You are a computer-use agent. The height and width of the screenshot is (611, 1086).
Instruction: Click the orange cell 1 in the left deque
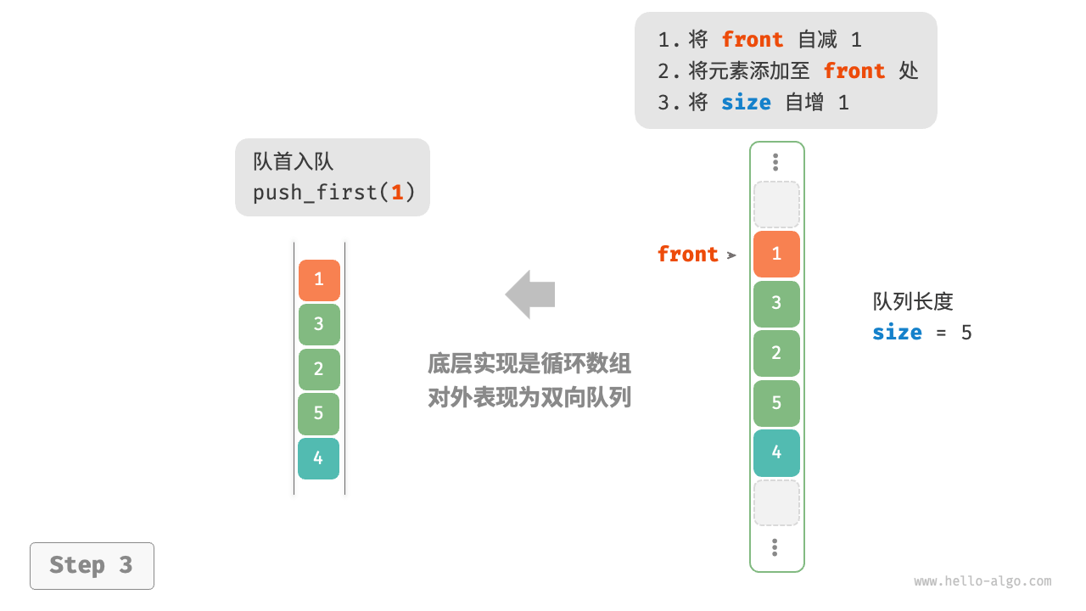coord(319,280)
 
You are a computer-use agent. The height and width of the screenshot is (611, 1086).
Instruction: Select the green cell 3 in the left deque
coord(319,324)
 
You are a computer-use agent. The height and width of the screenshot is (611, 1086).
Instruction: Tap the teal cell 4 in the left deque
coord(318,458)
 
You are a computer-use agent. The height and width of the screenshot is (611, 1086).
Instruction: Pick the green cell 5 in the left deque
coord(318,413)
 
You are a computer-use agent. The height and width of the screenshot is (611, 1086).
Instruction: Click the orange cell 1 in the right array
coord(776,254)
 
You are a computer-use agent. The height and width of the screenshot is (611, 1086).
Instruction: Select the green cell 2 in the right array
coord(776,353)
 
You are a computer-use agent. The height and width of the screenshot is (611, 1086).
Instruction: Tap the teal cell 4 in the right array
coord(776,452)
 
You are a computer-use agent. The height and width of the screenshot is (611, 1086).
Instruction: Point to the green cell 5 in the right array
coord(776,403)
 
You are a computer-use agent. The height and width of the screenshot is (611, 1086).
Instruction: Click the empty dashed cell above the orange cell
coord(776,205)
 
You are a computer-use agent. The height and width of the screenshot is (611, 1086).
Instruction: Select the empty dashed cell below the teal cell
coord(776,502)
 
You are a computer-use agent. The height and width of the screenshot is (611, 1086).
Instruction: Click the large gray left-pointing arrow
coord(530,294)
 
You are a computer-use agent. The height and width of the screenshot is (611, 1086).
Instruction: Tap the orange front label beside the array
coord(687,255)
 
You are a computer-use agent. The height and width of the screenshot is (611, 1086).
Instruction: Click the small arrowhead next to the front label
coord(731,255)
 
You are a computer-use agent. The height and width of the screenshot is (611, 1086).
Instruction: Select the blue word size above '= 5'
coord(897,332)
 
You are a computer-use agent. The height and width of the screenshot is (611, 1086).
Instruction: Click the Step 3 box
coord(92,565)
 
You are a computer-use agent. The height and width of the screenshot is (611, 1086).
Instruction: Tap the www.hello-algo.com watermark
coord(982,581)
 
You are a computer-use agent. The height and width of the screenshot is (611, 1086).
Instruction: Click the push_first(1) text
coord(333,193)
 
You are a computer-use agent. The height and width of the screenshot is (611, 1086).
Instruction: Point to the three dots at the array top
coord(775,162)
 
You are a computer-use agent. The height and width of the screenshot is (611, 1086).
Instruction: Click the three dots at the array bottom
coord(775,547)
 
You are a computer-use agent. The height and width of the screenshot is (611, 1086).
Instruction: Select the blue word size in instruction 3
coord(746,103)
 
